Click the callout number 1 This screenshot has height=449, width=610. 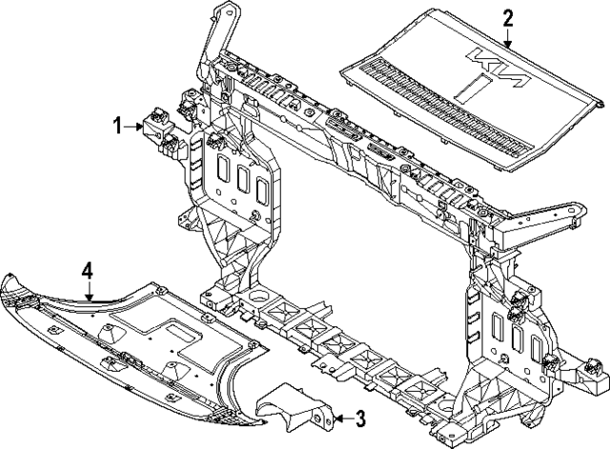[x=119, y=125]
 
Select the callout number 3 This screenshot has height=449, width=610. [x=359, y=417]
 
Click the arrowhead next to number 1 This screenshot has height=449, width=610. [x=143, y=126]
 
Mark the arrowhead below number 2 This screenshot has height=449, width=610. [x=507, y=46]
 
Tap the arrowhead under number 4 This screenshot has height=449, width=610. [x=90, y=299]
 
